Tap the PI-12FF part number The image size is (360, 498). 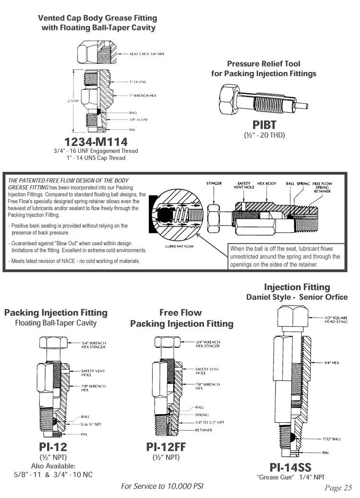pyautogui.click(x=166, y=447)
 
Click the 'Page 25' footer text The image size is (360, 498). pyautogui.click(x=338, y=488)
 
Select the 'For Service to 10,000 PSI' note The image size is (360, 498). pyautogui.click(x=162, y=486)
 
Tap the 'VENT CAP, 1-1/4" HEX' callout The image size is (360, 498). pyautogui.click(x=147, y=54)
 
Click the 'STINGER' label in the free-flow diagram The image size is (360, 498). pyautogui.click(x=214, y=183)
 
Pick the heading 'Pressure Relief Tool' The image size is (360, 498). pyautogui.click(x=264, y=63)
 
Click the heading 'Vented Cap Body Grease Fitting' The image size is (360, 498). pyautogui.click(x=97, y=18)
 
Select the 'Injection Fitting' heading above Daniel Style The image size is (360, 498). pyautogui.click(x=297, y=287)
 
